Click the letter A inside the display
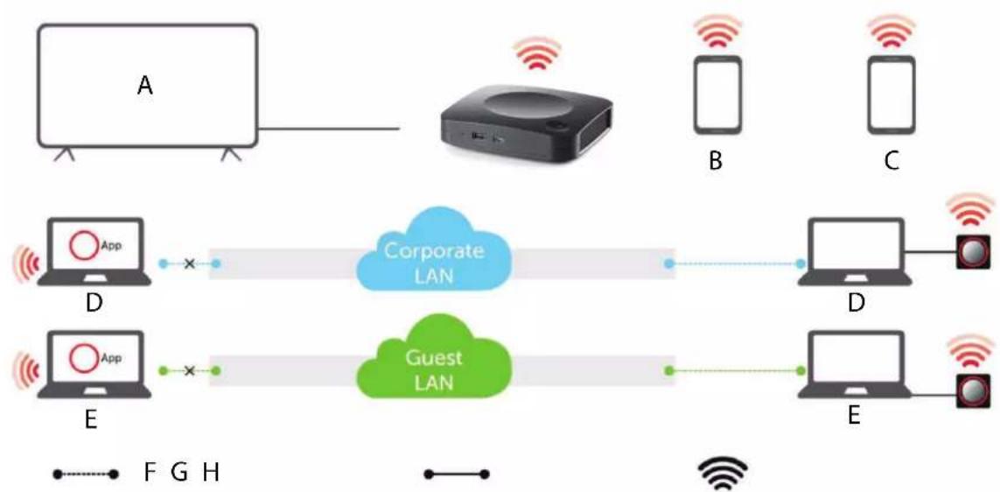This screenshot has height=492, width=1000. click(x=146, y=86)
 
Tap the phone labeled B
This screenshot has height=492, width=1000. click(x=717, y=95)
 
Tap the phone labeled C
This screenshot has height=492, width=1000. click(x=892, y=95)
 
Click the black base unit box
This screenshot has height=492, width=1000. click(x=528, y=127)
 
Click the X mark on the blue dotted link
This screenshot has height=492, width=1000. click(x=189, y=263)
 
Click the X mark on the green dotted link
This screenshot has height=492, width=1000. click(x=189, y=370)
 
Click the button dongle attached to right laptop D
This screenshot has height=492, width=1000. click(x=973, y=253)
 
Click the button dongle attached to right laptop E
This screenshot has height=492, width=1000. click(x=973, y=391)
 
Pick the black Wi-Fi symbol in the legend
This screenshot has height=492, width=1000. click(x=723, y=474)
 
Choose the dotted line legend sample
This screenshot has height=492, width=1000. click(x=86, y=474)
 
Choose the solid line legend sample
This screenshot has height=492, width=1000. click(x=458, y=474)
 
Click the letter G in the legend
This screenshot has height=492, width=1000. click(x=179, y=473)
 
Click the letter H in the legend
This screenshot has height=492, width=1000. click(x=211, y=473)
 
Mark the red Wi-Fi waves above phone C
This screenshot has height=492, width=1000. click(x=892, y=32)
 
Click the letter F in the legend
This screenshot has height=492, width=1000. click(x=150, y=473)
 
